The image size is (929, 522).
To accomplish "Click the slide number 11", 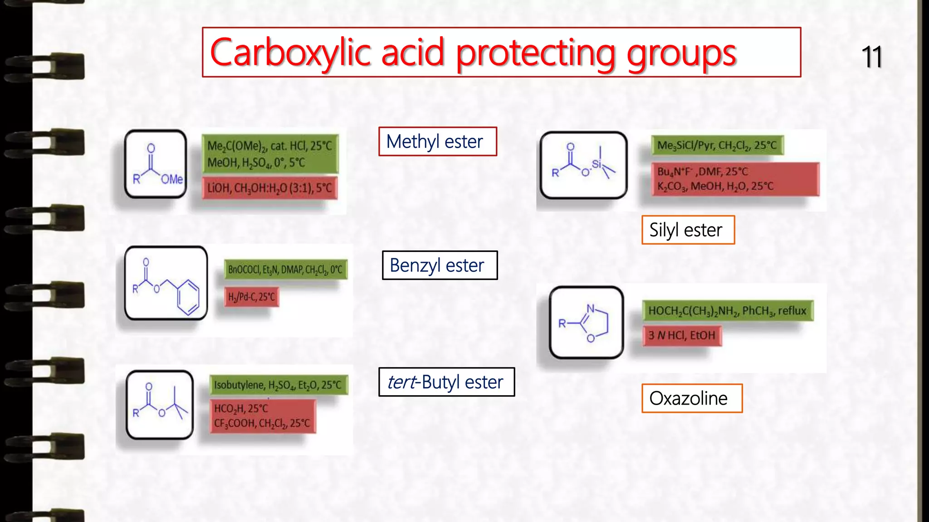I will pyautogui.click(x=871, y=57).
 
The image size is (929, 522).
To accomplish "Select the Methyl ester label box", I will pyautogui.click(x=438, y=142).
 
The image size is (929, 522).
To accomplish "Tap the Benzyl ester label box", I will pyautogui.click(x=440, y=265).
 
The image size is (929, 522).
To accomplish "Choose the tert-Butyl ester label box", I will pyautogui.click(x=446, y=382).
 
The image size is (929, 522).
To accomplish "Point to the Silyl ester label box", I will pyautogui.click(x=688, y=230).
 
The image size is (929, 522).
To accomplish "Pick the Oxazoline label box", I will pyautogui.click(x=691, y=398).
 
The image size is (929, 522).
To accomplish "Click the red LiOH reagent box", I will pyautogui.click(x=270, y=188).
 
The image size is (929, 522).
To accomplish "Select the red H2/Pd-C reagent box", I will pyautogui.click(x=252, y=297).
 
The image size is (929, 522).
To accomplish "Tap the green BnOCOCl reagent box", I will pyautogui.click(x=285, y=270).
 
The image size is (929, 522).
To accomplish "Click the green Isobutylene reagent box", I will pyautogui.click(x=278, y=385).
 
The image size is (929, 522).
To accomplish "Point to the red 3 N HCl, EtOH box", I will pyautogui.click(x=682, y=335).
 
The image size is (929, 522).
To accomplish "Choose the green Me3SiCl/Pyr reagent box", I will pyautogui.click(x=717, y=145).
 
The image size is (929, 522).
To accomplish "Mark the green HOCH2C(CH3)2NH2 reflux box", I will pyautogui.click(x=727, y=311).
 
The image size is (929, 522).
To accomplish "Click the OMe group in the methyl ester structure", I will pyautogui.click(x=172, y=179).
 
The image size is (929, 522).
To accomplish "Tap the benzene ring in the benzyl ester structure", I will pyautogui.click(x=188, y=297).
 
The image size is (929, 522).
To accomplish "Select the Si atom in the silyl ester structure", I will pyautogui.click(x=596, y=164).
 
